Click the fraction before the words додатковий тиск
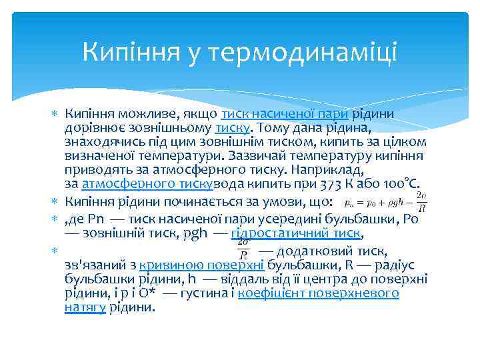click(x=244, y=249)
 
